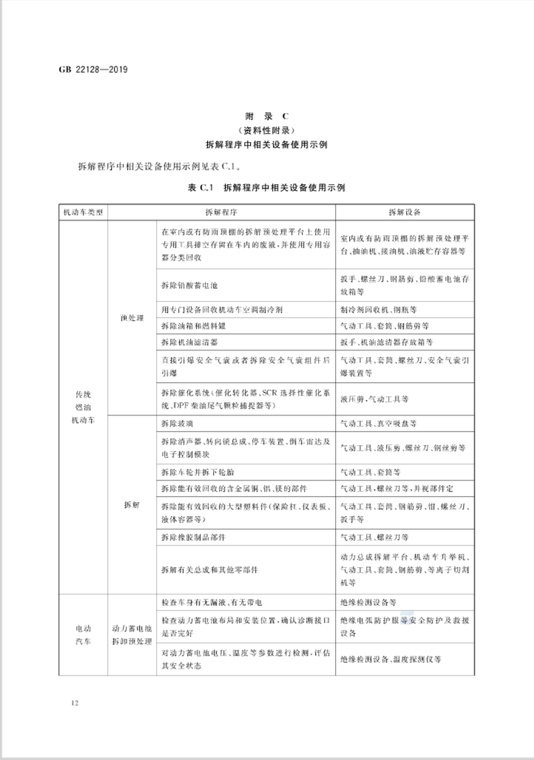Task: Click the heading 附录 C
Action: coord(266,116)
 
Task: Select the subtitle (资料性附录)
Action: coord(266,130)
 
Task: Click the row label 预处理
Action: coord(130,317)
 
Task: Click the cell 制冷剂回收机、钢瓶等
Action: coord(381,308)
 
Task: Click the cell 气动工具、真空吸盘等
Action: coord(383,424)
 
